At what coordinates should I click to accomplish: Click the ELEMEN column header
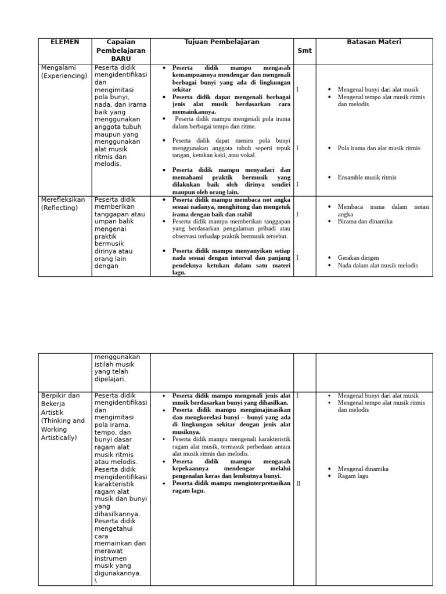65,42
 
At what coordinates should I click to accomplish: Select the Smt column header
304,50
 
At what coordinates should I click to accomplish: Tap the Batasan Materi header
374,42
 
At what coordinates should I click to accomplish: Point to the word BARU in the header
121,59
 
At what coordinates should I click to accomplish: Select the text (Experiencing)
64,76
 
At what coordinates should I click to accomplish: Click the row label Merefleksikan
63,200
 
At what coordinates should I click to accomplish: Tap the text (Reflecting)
59,208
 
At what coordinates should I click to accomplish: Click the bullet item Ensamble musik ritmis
367,178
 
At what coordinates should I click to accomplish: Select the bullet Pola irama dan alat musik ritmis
379,148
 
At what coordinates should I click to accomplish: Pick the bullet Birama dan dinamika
365,221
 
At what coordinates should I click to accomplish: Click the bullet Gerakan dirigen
358,258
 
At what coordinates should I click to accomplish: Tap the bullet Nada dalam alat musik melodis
377,265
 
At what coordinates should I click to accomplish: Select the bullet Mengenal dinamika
363,469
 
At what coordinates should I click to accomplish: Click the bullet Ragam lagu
353,476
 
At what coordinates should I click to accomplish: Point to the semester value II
298,483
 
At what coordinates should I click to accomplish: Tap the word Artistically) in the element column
59,437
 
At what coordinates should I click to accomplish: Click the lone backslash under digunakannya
95,581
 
